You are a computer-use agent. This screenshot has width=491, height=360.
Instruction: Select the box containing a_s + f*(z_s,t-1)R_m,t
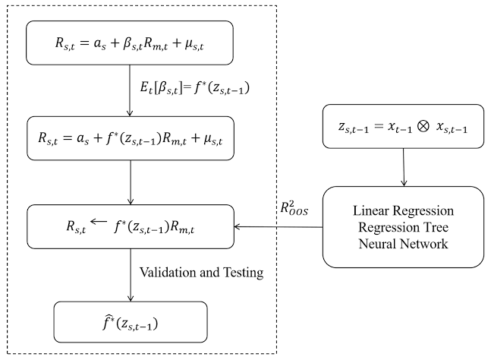pos(131,138)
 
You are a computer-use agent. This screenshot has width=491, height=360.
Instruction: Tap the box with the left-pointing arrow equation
pos(131,226)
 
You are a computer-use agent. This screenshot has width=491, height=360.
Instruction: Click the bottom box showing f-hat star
pos(131,322)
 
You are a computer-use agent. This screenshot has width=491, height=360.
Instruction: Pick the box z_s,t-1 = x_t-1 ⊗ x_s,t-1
pos(402,125)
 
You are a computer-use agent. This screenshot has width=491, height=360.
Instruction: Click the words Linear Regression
pos(402,210)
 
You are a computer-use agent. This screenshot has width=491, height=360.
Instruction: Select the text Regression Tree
pos(402,226)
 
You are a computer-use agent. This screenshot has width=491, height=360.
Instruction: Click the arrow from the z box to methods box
pos(403,166)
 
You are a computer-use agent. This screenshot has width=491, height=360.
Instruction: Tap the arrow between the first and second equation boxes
pos(131,89)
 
